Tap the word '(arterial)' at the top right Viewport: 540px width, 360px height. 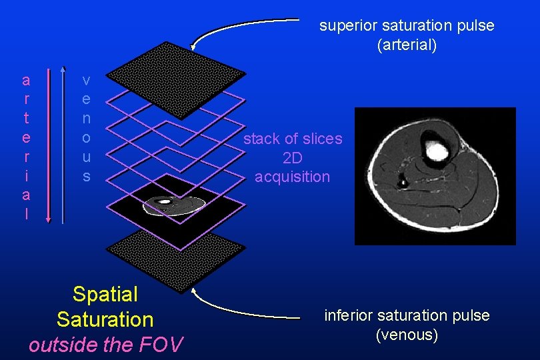[407, 46]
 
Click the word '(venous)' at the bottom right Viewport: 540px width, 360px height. [407, 335]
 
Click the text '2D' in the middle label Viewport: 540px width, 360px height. [293, 158]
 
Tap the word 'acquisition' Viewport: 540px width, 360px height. [293, 177]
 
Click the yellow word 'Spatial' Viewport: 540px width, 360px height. [105, 294]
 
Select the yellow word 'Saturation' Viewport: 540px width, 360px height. [105, 319]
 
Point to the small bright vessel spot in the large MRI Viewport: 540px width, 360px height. [403, 180]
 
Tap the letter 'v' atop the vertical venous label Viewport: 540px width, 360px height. [86, 81]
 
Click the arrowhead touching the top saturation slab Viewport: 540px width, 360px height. [193, 47]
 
